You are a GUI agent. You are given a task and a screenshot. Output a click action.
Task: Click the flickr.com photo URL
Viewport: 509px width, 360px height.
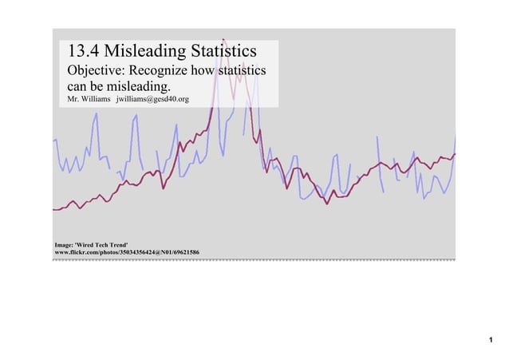point(126,252)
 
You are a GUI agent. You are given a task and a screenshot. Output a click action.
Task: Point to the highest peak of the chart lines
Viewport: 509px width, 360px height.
point(224,38)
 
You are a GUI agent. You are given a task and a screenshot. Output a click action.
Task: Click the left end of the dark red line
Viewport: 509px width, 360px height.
point(54,209)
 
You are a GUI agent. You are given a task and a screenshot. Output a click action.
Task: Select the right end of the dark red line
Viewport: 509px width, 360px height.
point(455,153)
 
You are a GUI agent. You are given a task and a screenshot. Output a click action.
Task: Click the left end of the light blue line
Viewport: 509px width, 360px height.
point(54,140)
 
